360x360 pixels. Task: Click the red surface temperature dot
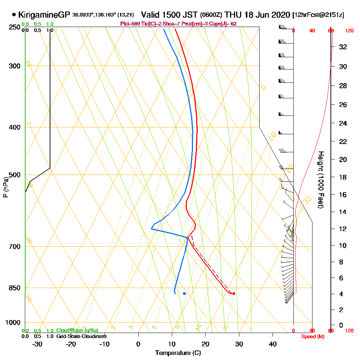point(234,293)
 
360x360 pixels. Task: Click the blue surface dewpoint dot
point(184,293)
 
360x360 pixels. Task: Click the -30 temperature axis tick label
point(37,344)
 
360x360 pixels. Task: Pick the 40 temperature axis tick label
point(273,344)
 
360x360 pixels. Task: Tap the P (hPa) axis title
point(5,187)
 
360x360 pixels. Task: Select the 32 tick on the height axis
point(343,47)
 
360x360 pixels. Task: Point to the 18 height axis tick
point(343,177)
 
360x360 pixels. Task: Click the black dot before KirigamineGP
point(14,15)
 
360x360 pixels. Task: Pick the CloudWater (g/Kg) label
point(77,330)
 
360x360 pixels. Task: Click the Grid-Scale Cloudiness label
point(81,336)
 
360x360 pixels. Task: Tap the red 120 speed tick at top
point(349,31)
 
